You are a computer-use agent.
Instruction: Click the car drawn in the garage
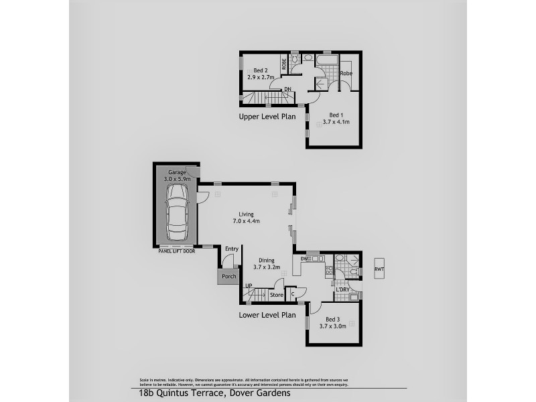[x=178, y=212]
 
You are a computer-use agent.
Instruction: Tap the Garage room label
[x=177, y=176]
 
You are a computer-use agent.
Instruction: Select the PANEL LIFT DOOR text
[x=176, y=251]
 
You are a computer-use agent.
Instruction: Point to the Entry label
[x=232, y=249]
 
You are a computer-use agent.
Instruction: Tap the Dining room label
[x=266, y=264]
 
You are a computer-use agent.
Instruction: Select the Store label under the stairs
[x=276, y=295]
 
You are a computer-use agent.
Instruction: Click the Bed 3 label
[x=334, y=323]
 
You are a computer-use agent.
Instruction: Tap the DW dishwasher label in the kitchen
[x=304, y=259]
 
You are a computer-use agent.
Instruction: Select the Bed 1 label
[x=334, y=119]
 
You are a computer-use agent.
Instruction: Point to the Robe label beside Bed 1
[x=346, y=73]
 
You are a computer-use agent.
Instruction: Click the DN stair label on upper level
[x=287, y=89]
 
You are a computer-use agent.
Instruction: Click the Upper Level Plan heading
[x=267, y=117]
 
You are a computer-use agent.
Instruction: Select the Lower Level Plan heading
[x=267, y=314]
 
